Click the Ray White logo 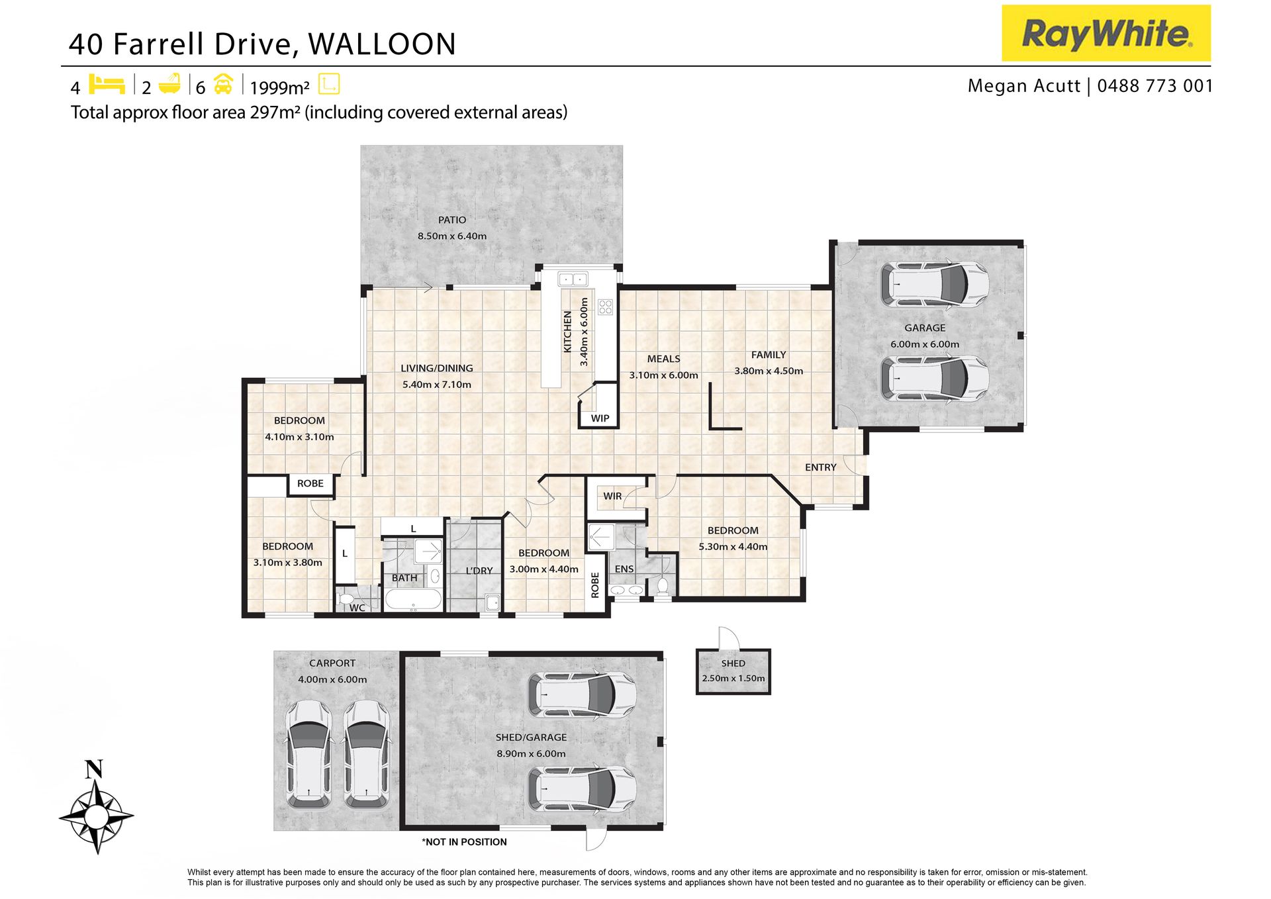[1106, 33]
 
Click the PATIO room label [452, 220]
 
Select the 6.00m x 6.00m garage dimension [925, 344]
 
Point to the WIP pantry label [600, 418]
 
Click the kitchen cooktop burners [605, 307]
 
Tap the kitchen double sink [573, 279]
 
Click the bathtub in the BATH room [413, 600]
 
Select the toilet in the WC [346, 599]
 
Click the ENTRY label [821, 467]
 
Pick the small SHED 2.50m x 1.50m [733, 671]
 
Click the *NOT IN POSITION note [464, 842]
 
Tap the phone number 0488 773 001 [1155, 86]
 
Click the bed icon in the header [107, 84]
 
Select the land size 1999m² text [279, 87]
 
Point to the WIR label [612, 496]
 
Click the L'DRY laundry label [479, 571]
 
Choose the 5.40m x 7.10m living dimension [437, 385]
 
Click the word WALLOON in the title [382, 44]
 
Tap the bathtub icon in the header [170, 83]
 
